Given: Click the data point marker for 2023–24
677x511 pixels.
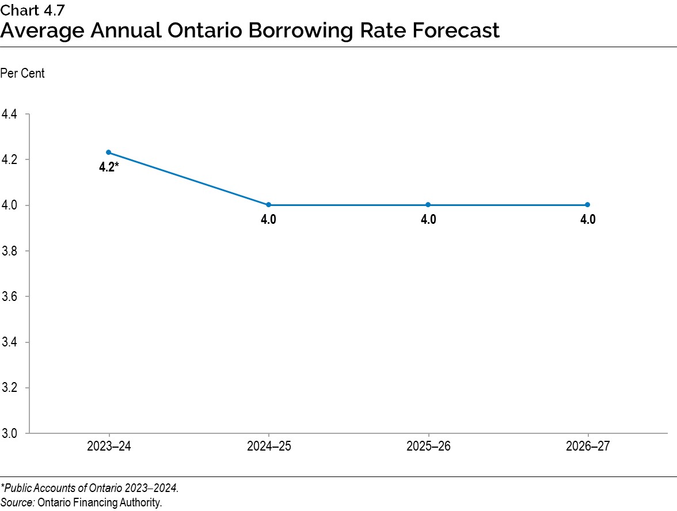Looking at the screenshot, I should coord(109,152).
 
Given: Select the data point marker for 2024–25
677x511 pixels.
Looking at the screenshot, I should coord(269,205).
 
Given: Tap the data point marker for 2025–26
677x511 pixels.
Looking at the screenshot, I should coord(428,205).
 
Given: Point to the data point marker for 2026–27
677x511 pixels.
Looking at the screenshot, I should coord(588,205).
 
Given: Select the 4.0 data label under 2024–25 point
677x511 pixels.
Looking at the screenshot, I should coord(269,220).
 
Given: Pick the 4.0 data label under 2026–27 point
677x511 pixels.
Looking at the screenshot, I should coord(588,220).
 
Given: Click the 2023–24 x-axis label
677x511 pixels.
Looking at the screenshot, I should coord(109,447).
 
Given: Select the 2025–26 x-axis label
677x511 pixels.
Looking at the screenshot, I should coord(428,447).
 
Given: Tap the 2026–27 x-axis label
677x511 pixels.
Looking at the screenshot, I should coord(588,447).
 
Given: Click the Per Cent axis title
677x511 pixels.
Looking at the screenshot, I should coord(22,74).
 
